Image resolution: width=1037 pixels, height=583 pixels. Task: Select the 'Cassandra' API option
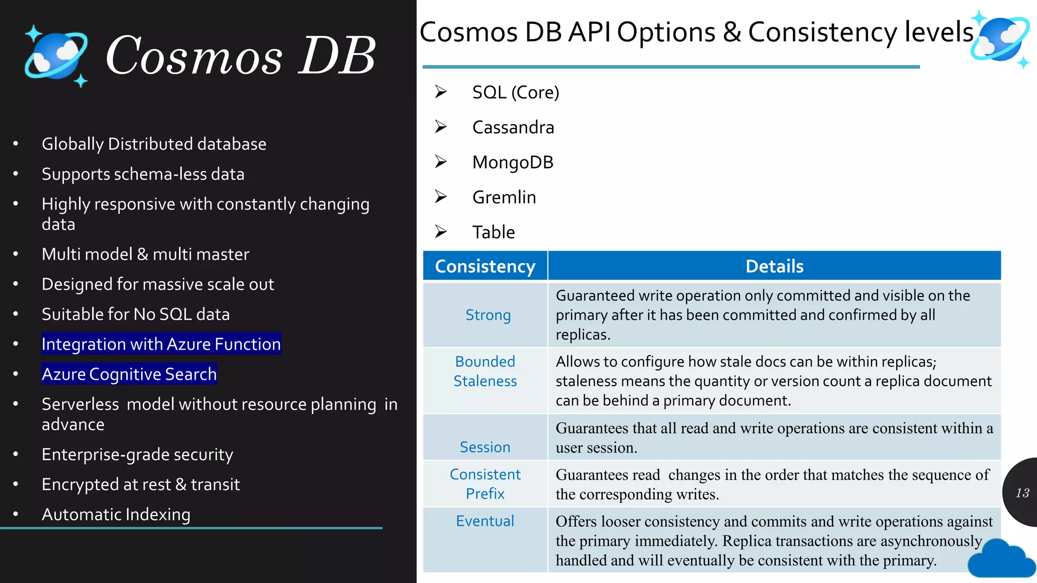pyautogui.click(x=513, y=128)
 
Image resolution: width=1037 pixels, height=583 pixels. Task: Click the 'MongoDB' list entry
pyautogui.click(x=512, y=162)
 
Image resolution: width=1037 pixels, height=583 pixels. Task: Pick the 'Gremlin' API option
pyautogui.click(x=504, y=197)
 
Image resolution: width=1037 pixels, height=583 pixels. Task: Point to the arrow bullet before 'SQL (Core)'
pyautogui.click(x=441, y=92)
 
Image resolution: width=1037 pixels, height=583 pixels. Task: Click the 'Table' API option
pyautogui.click(x=493, y=232)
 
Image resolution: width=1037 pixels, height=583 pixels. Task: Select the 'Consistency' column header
pyautogui.click(x=485, y=266)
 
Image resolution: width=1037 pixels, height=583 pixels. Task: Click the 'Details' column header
pyautogui.click(x=774, y=266)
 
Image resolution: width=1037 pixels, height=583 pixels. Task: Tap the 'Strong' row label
pyautogui.click(x=488, y=315)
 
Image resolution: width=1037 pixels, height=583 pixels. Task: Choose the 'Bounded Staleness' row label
pyautogui.click(x=485, y=371)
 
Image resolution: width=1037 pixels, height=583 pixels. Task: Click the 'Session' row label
pyautogui.click(x=485, y=447)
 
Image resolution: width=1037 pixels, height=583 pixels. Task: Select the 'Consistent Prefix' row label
pyautogui.click(x=485, y=484)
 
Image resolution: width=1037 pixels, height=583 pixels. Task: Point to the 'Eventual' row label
pyautogui.click(x=485, y=521)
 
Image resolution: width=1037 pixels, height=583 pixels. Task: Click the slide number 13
pyautogui.click(x=1022, y=493)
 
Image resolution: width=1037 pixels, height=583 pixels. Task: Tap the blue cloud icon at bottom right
pyautogui.click(x=1001, y=559)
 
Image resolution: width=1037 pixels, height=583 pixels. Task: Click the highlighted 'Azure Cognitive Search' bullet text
pyautogui.click(x=129, y=374)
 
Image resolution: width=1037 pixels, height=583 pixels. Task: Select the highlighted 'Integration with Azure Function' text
pyautogui.click(x=161, y=344)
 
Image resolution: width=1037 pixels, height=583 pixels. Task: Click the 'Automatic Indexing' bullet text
pyautogui.click(x=116, y=514)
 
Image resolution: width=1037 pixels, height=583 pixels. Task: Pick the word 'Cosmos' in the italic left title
pyautogui.click(x=193, y=56)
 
